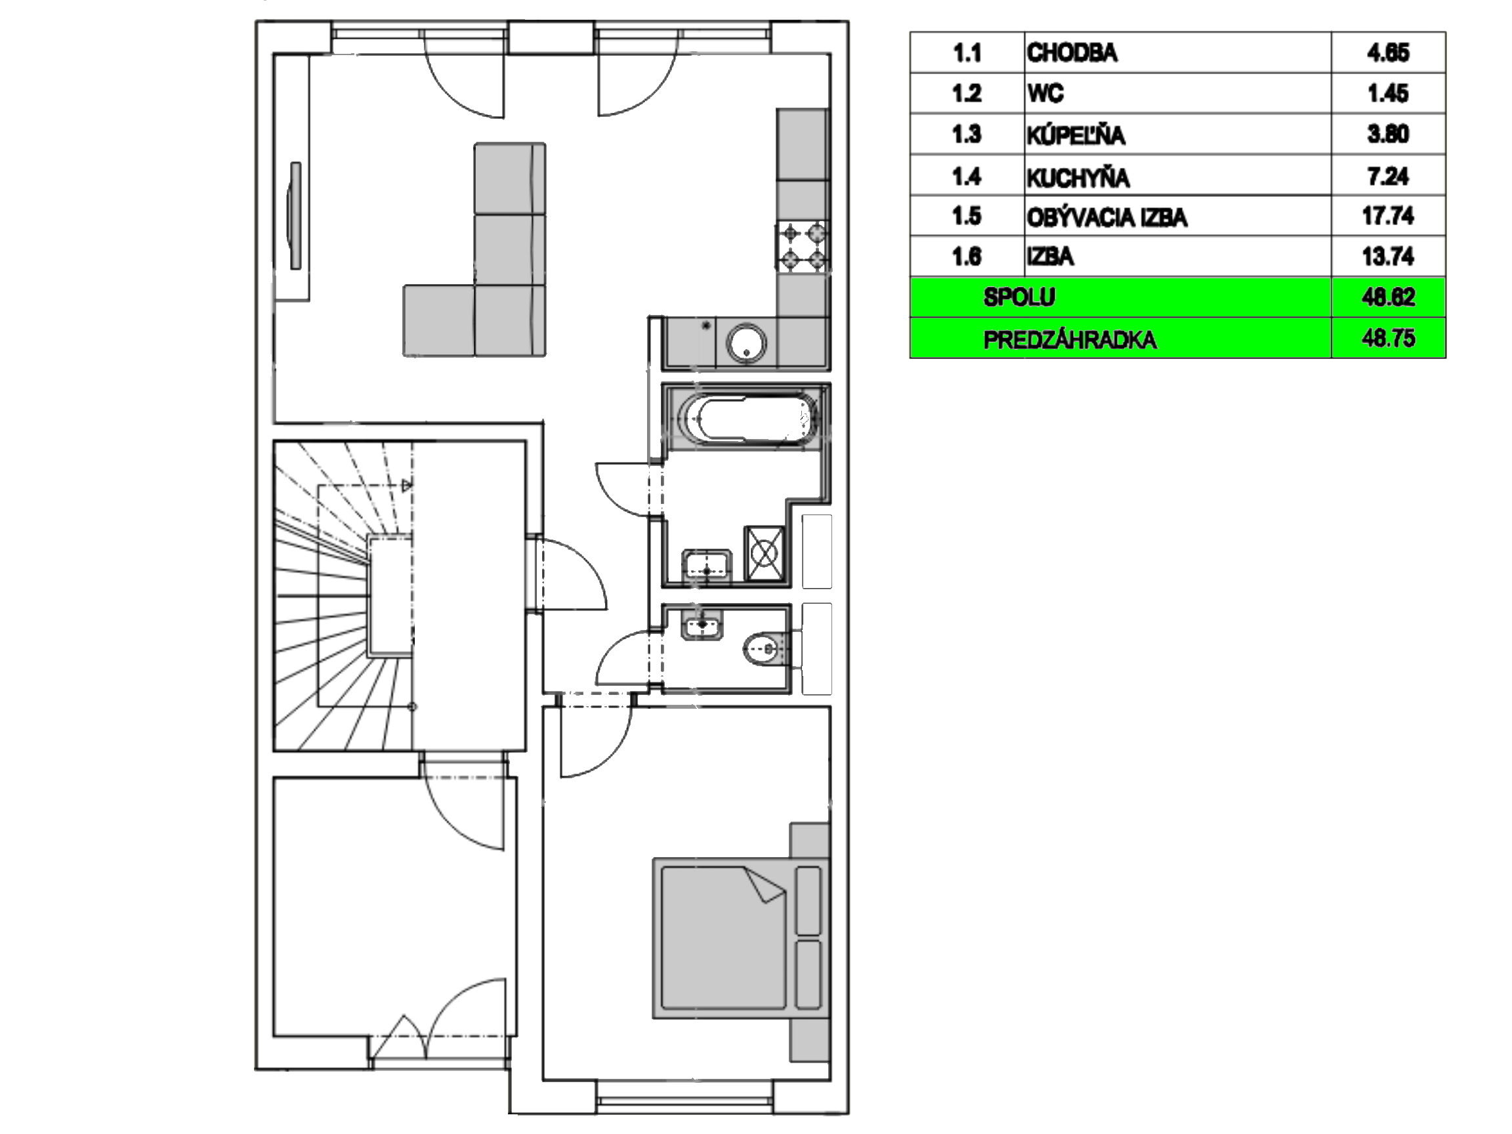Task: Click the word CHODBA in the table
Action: [1072, 52]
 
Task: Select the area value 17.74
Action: [1387, 216]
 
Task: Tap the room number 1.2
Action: [967, 93]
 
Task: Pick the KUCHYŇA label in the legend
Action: [1078, 177]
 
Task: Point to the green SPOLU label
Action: [1019, 297]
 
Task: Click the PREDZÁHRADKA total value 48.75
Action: [1388, 339]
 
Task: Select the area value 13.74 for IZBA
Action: [1387, 257]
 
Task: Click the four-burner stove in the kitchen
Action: [803, 247]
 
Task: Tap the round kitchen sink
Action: [746, 343]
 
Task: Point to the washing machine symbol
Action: [764, 553]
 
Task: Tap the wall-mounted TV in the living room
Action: [295, 215]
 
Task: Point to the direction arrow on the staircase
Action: [407, 486]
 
